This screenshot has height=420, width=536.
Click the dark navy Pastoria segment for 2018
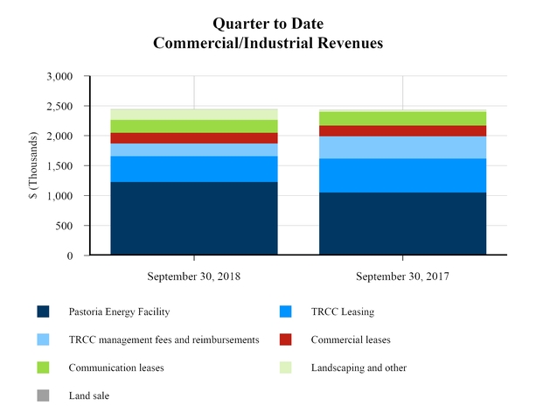click(193, 219)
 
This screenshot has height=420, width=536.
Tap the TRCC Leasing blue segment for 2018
click(193, 169)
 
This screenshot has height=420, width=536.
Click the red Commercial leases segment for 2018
click(193, 138)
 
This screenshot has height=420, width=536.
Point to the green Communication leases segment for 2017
click(402, 118)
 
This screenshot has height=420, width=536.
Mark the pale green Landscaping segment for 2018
click(193, 115)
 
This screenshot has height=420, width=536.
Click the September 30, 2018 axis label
click(193, 276)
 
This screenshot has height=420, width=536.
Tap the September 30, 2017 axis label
click(402, 276)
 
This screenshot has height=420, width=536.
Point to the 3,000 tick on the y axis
click(60, 77)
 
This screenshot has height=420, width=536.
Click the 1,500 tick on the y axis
click(60, 166)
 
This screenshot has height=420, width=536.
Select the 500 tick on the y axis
click(66, 226)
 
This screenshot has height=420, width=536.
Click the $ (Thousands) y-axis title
click(33, 166)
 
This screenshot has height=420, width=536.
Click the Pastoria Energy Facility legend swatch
click(43, 311)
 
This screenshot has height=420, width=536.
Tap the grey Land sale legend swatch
click(43, 395)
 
